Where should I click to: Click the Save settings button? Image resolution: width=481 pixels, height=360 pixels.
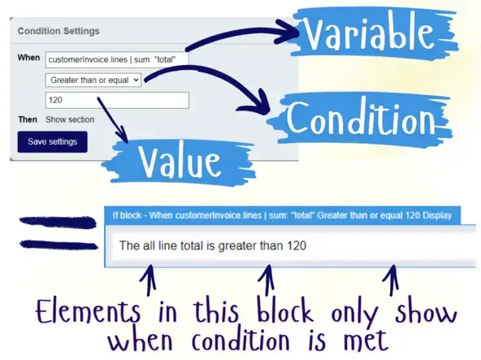pos(52,141)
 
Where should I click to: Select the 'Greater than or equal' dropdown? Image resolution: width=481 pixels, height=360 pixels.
pos(93,79)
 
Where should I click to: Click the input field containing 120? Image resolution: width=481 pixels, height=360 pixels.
pos(117,99)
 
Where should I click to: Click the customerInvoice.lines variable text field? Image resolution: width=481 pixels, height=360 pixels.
pos(117,59)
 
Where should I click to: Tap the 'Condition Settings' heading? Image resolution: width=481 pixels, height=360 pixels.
pos(58,32)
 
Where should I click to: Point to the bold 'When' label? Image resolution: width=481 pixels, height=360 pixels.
pos(28,59)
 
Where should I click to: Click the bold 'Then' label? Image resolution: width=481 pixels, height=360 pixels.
pos(28,119)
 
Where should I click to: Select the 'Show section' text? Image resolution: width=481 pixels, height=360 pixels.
pos(70,119)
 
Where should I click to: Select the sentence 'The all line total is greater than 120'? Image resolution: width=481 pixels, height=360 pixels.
pos(213,245)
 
